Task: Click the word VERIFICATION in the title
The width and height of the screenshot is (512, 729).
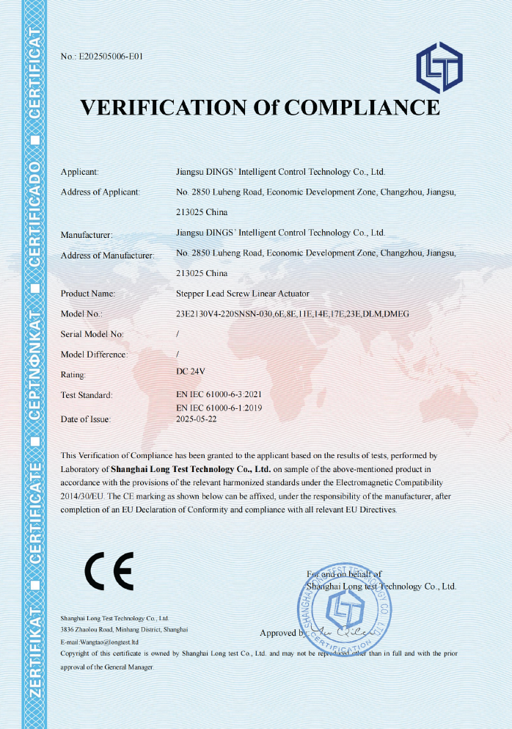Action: pyautogui.click(x=163, y=107)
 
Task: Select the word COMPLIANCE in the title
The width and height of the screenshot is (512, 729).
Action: pyautogui.click(x=362, y=107)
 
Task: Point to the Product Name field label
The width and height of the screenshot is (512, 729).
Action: pyautogui.click(x=87, y=294)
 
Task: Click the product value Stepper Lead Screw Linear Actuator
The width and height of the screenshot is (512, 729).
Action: pyautogui.click(x=243, y=294)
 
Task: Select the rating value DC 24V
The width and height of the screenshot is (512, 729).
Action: pyautogui.click(x=192, y=371)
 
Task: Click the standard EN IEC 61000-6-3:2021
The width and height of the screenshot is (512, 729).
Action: pyautogui.click(x=219, y=395)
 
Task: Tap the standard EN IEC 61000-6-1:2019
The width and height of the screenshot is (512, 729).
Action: pyautogui.click(x=219, y=407)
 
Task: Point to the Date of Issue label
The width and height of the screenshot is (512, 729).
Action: pyautogui.click(x=85, y=419)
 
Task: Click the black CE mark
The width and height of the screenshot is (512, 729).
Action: pyautogui.click(x=109, y=570)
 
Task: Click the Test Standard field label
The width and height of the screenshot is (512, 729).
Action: pyautogui.click(x=86, y=395)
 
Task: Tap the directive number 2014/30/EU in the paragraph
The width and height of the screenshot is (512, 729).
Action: pyautogui.click(x=82, y=496)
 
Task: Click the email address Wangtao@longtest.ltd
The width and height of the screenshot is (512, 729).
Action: pyautogui.click(x=109, y=642)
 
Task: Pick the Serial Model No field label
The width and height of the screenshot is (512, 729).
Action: pyautogui.click(x=92, y=333)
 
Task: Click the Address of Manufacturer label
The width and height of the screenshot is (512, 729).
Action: pyautogui.click(x=107, y=255)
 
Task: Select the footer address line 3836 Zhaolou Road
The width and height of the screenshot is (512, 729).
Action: pyautogui.click(x=125, y=629)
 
